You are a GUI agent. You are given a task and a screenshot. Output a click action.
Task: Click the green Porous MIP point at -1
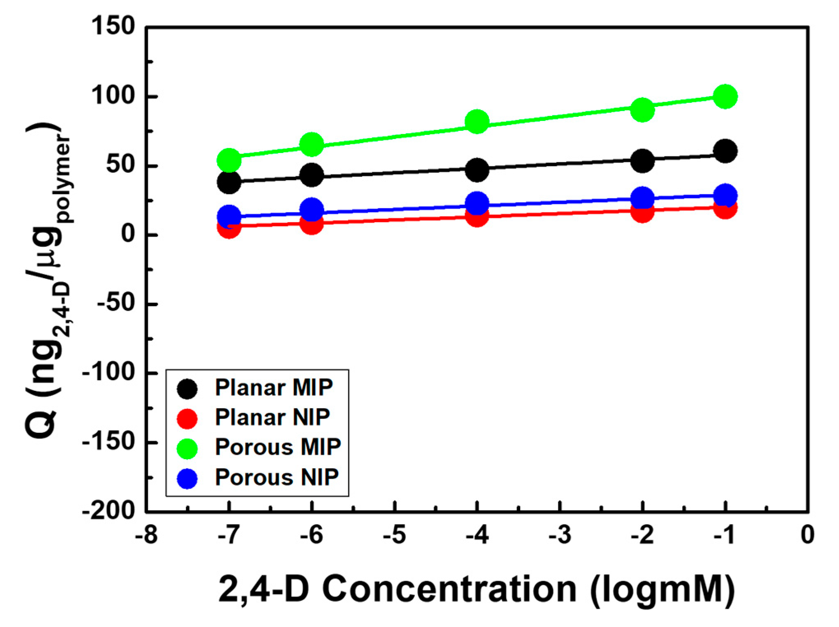(x=725, y=96)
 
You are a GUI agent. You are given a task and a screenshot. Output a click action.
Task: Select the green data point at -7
(x=229, y=160)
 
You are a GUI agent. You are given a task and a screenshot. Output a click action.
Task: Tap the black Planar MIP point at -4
(x=477, y=170)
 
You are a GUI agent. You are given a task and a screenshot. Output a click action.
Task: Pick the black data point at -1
(x=725, y=151)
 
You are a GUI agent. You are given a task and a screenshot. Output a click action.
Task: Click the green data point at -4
(x=477, y=122)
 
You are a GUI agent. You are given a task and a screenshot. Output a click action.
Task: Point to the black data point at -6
(x=311, y=174)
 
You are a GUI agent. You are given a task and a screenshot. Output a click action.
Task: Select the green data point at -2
(x=642, y=110)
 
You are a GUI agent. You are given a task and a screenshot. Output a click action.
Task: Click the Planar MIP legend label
(x=274, y=387)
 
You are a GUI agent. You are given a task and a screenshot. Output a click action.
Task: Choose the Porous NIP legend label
(x=277, y=477)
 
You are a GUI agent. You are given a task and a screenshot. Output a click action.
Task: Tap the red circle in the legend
(x=187, y=418)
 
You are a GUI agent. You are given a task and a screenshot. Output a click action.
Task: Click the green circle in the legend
(x=187, y=448)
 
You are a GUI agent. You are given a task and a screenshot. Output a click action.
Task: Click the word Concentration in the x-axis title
(x=449, y=589)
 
